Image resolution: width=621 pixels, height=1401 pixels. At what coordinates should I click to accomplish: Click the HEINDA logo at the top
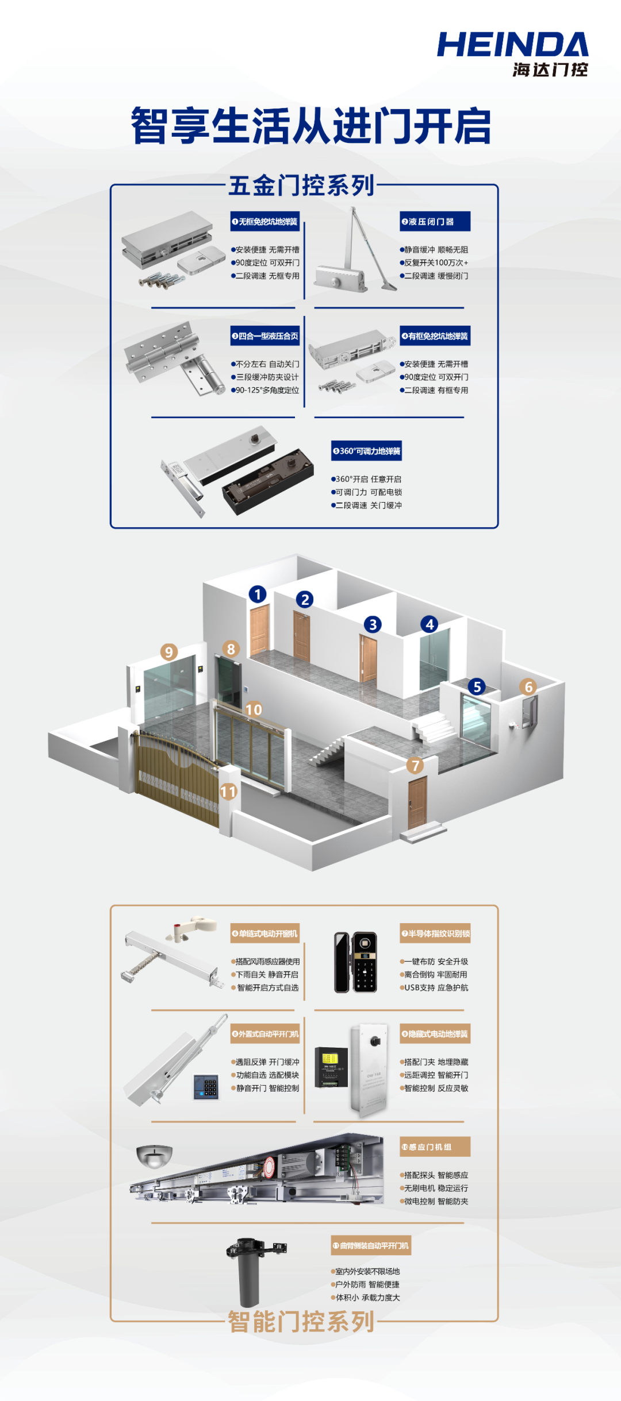tap(512, 53)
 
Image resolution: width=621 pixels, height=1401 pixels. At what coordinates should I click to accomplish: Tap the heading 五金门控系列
tap(301, 186)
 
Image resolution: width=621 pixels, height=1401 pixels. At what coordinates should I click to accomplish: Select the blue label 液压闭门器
tap(435, 222)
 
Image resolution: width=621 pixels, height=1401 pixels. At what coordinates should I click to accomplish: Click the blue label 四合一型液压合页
tap(265, 336)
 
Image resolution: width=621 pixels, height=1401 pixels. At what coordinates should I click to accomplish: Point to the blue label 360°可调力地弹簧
tap(366, 451)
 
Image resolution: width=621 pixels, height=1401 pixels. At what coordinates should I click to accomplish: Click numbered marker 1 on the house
tap(258, 594)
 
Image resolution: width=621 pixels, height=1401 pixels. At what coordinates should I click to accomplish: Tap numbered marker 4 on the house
tap(430, 624)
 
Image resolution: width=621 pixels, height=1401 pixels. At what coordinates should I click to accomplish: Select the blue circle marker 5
tap(477, 686)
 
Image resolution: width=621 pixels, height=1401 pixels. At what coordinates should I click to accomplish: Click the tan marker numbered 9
tap(168, 652)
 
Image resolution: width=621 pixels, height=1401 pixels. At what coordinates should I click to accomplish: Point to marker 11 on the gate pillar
tap(228, 792)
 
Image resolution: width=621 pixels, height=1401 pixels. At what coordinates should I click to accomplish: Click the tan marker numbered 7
tap(415, 765)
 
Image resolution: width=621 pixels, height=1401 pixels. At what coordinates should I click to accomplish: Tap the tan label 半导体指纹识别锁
tap(435, 933)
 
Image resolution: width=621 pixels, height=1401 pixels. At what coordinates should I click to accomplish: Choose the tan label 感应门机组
tap(435, 1147)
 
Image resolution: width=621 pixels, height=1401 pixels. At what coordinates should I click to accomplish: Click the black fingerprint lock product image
tap(355, 962)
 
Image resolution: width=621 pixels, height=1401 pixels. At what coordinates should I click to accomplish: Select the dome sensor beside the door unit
tap(154, 1156)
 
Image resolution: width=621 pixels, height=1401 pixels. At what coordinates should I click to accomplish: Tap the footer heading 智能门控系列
tap(301, 1322)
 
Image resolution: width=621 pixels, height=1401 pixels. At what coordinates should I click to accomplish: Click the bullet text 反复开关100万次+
tap(435, 263)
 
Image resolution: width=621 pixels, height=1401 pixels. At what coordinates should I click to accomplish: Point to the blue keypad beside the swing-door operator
tap(206, 1087)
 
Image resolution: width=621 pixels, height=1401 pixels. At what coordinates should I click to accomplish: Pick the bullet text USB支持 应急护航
tap(435, 987)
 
